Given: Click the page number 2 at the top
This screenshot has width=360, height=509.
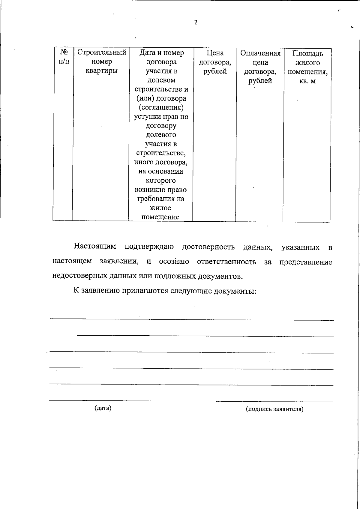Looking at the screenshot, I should coord(196,22).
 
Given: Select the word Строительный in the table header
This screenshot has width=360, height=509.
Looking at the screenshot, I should coord(102,52).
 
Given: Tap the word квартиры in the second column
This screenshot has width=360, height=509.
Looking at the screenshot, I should coord(102,71).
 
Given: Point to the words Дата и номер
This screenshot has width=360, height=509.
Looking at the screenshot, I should coord(161,53).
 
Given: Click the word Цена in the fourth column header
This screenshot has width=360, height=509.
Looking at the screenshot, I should coord(215,53).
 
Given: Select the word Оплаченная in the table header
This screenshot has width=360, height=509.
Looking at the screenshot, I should coord(260,53).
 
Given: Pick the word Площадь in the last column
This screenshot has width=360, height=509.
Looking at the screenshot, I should coord(307,54).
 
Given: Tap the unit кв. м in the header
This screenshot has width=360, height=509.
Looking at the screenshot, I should coord(307,81).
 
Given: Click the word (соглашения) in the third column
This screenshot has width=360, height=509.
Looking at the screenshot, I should coord(161,107).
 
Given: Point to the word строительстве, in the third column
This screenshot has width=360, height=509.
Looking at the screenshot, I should coord(161,153).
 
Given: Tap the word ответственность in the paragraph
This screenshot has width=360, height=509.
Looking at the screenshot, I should coord(226,262).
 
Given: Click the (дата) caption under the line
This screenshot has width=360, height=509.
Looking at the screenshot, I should coord(103,408).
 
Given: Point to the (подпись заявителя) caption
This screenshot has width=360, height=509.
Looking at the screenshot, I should coord(274,409).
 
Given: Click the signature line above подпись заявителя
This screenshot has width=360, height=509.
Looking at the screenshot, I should coord(274,401).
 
